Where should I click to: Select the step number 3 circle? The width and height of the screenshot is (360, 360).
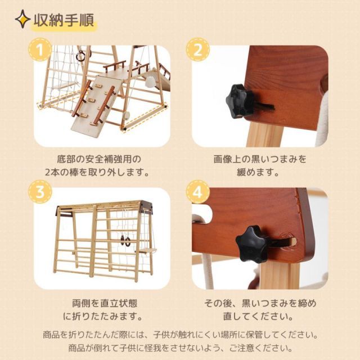coord(39,193)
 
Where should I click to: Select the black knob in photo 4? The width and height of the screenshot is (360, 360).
coord(252,244)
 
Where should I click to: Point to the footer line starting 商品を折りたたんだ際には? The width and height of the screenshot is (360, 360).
coord(180,334)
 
